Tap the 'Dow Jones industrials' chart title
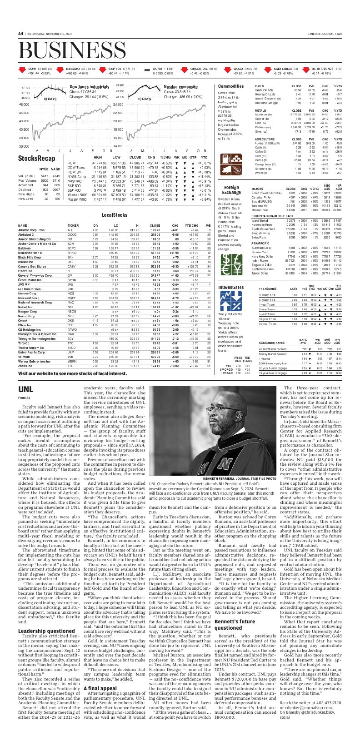89,86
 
